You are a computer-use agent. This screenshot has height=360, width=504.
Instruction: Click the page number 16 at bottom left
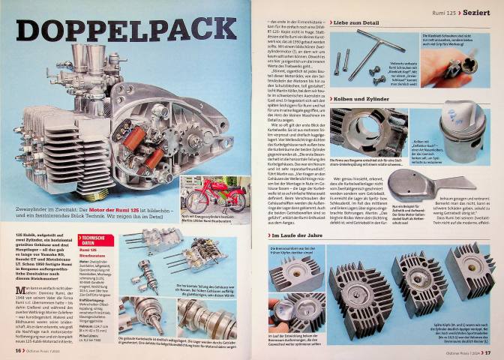tap(15, 352)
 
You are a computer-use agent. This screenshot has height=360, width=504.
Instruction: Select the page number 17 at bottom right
tap(487, 352)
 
